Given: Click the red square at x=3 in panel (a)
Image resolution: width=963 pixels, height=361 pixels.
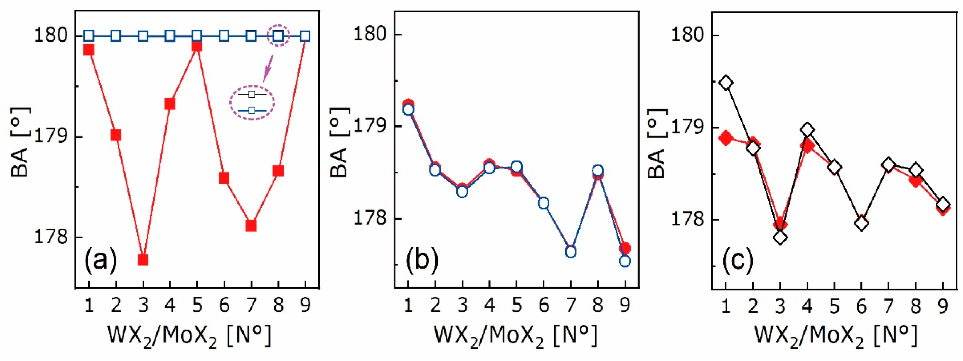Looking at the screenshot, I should pyautogui.click(x=143, y=259).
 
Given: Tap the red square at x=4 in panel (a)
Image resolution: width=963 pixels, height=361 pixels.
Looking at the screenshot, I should pyautogui.click(x=170, y=104).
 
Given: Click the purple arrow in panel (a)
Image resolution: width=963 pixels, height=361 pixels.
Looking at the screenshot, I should pyautogui.click(x=268, y=68).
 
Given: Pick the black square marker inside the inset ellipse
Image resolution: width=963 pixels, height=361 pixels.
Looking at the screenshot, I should pyautogui.click(x=252, y=95).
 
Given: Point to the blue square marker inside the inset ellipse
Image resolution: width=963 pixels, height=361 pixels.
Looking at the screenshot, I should pyautogui.click(x=252, y=111).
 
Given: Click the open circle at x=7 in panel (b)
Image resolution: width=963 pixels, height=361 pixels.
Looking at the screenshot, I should pyautogui.click(x=571, y=252).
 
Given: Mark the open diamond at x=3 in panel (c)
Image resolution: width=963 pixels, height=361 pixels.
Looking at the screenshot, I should pyautogui.click(x=780, y=237).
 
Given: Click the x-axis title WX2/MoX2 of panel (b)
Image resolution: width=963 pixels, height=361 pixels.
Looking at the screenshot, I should pyautogui.click(x=515, y=335).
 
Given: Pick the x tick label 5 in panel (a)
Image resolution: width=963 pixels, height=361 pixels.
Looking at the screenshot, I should pyautogui.click(x=197, y=306).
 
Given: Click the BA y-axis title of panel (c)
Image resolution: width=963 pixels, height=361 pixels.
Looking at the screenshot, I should pyautogui.click(x=656, y=144).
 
